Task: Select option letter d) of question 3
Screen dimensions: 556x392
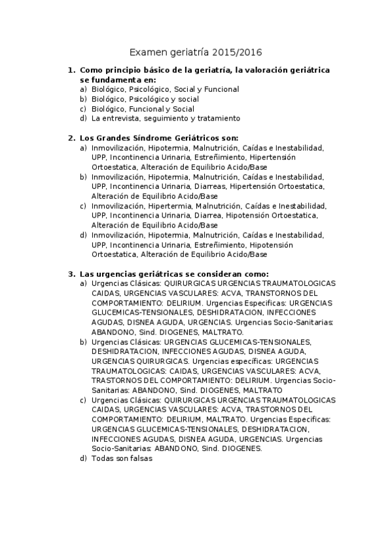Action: pos(83,458)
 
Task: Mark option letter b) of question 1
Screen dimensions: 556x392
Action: pos(83,99)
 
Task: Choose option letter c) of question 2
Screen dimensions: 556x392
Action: pos(83,206)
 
